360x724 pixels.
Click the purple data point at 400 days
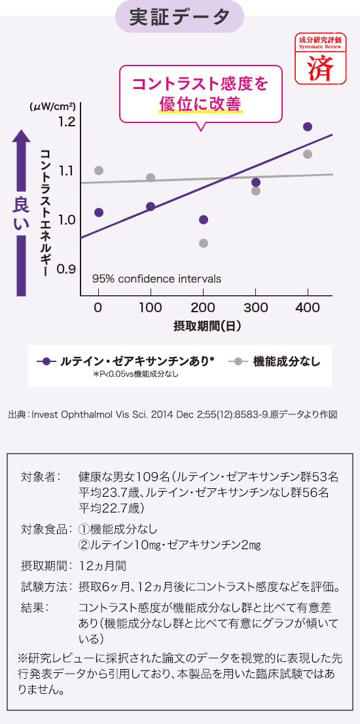point(308,126)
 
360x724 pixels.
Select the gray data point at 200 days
point(204,243)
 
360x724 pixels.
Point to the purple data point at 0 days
point(99,212)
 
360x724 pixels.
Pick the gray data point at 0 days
point(99,170)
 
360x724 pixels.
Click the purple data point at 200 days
point(204,219)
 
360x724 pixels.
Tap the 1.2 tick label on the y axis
point(67,122)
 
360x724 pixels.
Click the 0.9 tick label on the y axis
point(67,269)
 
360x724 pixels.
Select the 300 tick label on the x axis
point(255,308)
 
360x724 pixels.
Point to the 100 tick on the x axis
point(151,308)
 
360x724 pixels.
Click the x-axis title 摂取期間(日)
point(207,325)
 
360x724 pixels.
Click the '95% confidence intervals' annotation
point(156,279)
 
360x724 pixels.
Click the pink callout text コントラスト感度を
point(200,84)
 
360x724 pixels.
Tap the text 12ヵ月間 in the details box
point(103,565)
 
